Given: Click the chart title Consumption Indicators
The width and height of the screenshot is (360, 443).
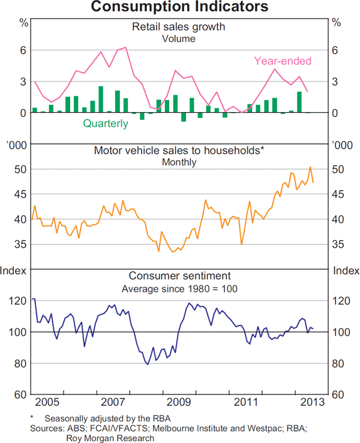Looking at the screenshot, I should click(x=179, y=8).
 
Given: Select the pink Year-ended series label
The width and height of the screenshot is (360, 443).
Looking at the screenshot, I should click(x=283, y=61).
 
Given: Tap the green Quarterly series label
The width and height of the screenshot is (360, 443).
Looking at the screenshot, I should click(x=105, y=123).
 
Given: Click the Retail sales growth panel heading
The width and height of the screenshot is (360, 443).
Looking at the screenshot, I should click(x=179, y=26).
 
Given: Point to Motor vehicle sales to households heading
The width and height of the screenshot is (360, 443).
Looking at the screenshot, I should click(x=179, y=150).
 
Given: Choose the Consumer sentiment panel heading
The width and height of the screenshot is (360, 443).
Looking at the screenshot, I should click(x=179, y=276).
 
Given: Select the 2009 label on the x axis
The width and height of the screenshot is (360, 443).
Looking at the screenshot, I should click(x=179, y=401).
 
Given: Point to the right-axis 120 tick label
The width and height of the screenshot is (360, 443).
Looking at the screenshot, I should click(x=340, y=301).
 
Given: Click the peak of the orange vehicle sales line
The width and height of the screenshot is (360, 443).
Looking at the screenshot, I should click(x=310, y=167).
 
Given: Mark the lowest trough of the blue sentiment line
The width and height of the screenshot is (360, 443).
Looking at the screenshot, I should click(x=147, y=364).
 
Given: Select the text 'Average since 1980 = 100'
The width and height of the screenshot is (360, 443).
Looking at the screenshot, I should click(x=179, y=288).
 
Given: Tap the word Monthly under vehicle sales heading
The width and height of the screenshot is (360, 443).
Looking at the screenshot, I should click(x=179, y=162).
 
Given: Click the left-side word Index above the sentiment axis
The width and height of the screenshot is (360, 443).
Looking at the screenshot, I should click(x=13, y=270).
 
